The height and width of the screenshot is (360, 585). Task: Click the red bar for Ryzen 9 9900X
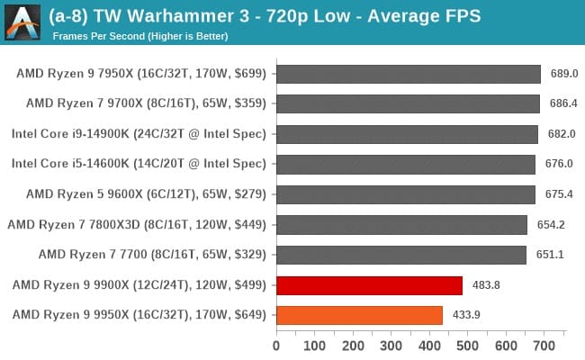click(369, 285)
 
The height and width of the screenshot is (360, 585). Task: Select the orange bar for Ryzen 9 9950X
click(359, 315)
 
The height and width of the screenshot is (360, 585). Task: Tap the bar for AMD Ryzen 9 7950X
click(409, 74)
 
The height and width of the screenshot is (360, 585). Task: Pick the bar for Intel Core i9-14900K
click(407, 134)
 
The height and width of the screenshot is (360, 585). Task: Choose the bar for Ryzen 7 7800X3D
click(401, 225)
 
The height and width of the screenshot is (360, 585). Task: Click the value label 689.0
click(563, 74)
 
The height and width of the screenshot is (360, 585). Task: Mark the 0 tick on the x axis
click(276, 345)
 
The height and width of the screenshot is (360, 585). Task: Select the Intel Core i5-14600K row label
click(139, 164)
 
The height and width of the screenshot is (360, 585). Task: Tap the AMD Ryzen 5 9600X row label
click(146, 194)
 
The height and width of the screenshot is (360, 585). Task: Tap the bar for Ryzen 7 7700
click(400, 255)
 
